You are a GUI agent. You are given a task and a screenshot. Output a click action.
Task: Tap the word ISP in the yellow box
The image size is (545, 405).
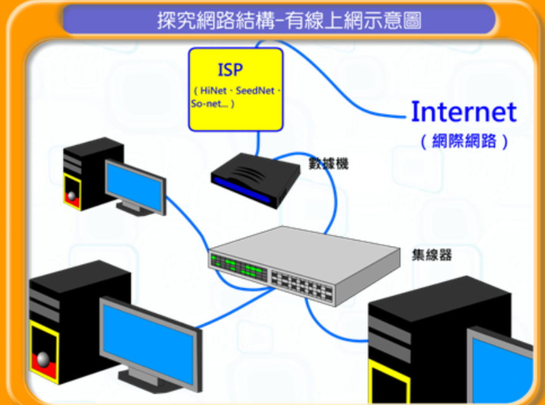(x=230, y=70)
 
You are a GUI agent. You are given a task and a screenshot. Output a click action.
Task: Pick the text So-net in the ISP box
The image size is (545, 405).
(x=205, y=104)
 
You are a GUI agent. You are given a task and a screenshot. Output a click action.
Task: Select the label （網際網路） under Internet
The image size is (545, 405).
(x=464, y=141)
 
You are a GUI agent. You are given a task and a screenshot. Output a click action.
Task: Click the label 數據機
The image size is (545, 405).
(x=328, y=163)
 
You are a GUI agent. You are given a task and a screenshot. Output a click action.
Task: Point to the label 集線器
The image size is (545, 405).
(x=431, y=254)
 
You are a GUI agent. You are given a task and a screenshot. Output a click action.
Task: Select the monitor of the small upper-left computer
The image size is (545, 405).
(x=135, y=186)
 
